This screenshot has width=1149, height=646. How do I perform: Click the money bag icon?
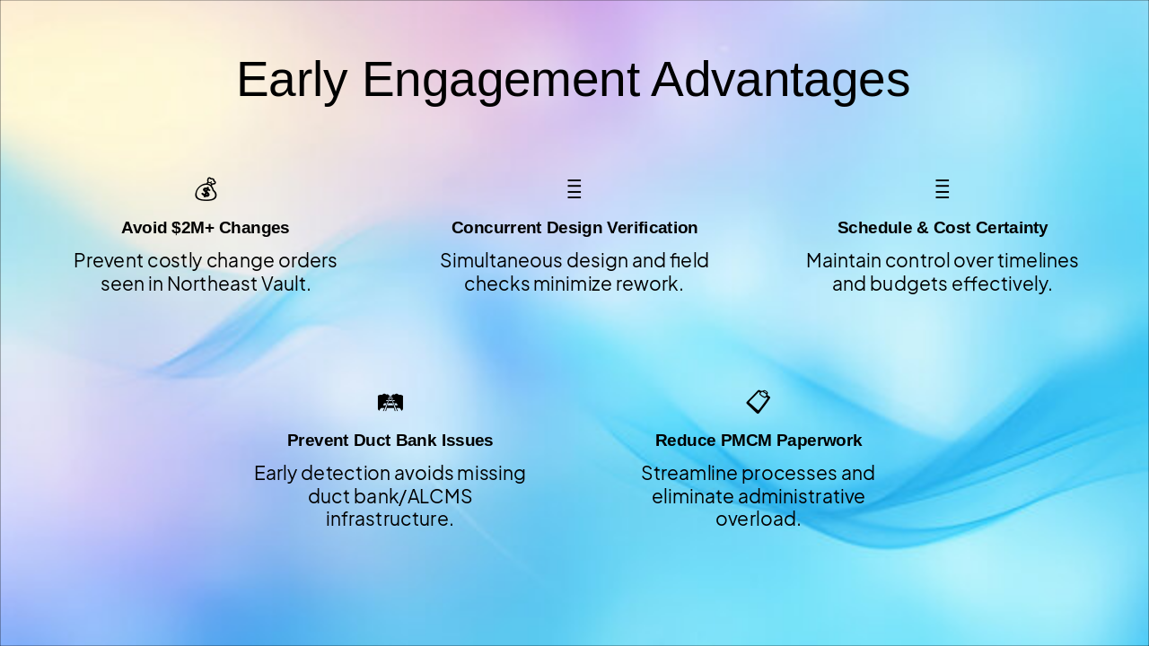pyautogui.click(x=206, y=189)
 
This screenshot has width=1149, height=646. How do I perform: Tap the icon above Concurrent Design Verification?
pyautogui.click(x=574, y=188)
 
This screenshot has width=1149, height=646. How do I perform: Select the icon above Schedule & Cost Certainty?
pyautogui.click(x=943, y=188)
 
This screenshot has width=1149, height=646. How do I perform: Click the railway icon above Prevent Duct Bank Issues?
pyautogui.click(x=390, y=403)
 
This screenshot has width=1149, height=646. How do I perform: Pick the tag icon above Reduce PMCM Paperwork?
pyautogui.click(x=759, y=401)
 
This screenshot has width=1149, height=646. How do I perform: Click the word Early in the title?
pyautogui.click(x=293, y=80)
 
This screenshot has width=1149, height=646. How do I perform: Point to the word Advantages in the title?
pyautogui.click(x=780, y=80)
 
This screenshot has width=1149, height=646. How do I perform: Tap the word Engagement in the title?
pyautogui.click(x=501, y=81)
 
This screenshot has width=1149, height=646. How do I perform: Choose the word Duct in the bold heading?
pyautogui.click(x=370, y=441)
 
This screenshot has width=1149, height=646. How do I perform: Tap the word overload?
pyautogui.click(x=759, y=519)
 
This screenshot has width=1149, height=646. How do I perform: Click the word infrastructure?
pyautogui.click(x=390, y=519)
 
